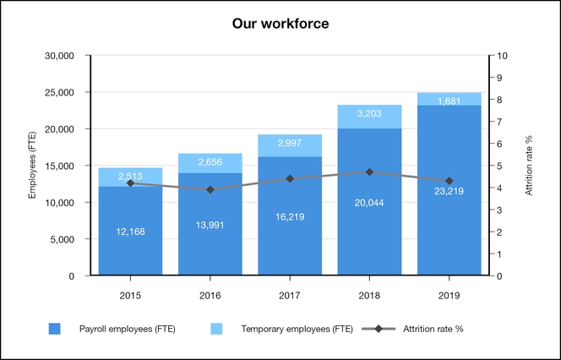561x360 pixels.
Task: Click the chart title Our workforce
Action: pos(280,24)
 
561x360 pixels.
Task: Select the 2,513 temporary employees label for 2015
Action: pos(130,176)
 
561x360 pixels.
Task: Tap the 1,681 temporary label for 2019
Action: pos(449,101)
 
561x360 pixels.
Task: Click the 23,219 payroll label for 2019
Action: pos(449,191)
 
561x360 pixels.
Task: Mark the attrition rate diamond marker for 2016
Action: pos(210,189)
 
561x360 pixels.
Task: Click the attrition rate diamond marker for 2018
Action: pos(369,172)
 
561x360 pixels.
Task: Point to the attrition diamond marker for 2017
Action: pos(289,178)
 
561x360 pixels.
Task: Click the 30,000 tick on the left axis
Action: pos(61,56)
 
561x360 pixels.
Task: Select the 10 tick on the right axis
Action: pos(504,56)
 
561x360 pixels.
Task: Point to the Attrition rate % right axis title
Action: pos(529,166)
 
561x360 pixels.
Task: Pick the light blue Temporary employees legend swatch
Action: pos(221,329)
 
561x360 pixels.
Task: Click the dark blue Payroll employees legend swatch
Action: pos(56,329)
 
